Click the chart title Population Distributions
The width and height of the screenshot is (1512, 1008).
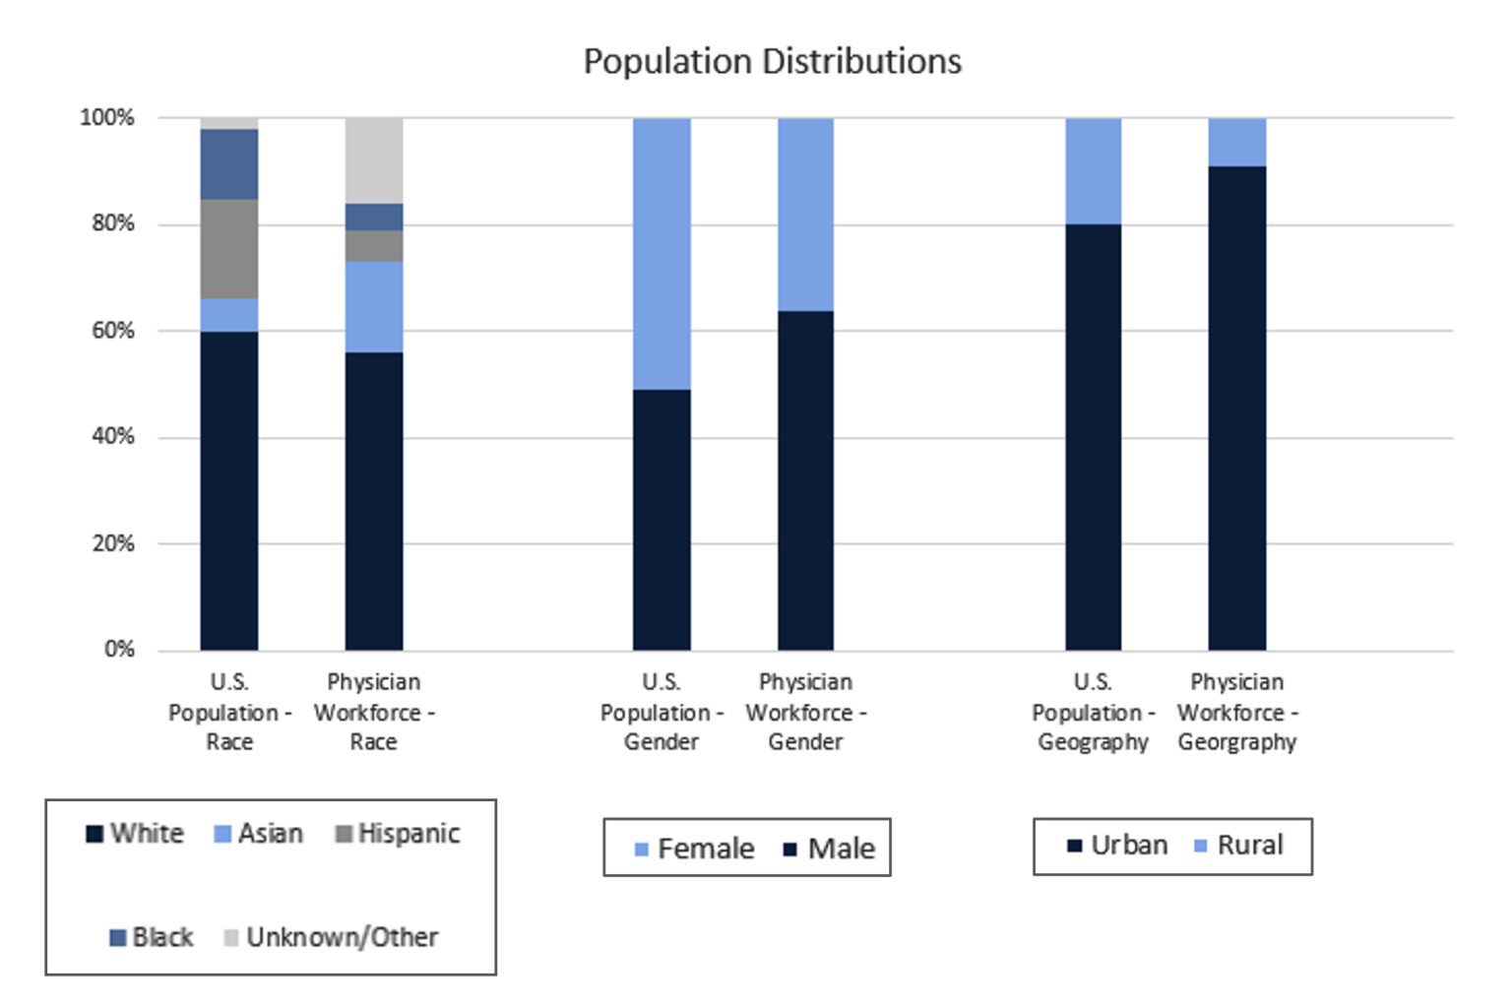pos(772,61)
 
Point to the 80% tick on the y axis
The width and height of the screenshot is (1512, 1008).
pos(113,223)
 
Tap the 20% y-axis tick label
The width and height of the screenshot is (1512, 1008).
pos(113,543)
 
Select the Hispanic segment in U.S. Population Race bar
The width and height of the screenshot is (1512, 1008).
pos(229,249)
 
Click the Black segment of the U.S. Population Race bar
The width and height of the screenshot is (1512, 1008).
pos(229,164)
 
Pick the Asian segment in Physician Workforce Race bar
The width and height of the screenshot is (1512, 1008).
pos(374,306)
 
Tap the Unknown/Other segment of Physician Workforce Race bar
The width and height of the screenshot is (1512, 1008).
pos(374,160)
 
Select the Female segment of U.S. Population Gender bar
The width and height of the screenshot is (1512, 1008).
pos(661,254)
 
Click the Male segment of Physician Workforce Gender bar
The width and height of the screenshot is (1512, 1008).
pos(805,480)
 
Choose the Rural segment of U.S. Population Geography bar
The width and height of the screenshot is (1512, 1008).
pos(1093,171)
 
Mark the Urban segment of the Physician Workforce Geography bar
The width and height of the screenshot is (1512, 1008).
pos(1237,408)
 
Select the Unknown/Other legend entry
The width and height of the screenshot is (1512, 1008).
pos(331,937)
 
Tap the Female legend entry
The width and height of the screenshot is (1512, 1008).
pos(694,849)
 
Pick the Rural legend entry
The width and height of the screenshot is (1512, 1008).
pos(1238,846)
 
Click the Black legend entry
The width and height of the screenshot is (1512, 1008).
pos(152,937)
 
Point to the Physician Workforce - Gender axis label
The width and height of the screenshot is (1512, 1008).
pos(805,712)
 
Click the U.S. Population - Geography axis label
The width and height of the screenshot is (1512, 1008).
pos(1093,712)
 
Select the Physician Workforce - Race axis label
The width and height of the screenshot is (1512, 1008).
pos(374,712)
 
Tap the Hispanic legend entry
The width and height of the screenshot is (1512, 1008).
pos(398,834)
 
